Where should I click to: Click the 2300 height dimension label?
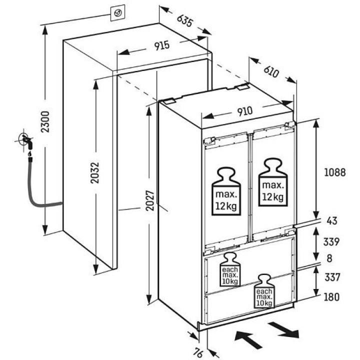click(x=45, y=121)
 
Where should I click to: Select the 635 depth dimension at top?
click(x=184, y=20)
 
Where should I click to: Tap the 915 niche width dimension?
click(x=162, y=45)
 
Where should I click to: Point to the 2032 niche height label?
click(x=94, y=172)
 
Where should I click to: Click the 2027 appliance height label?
click(x=150, y=200)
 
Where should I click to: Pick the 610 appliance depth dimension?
click(x=271, y=71)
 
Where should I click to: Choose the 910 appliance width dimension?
click(x=244, y=111)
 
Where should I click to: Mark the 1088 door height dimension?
click(x=334, y=172)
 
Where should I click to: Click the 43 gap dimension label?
click(x=332, y=221)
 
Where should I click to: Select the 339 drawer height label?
click(x=331, y=242)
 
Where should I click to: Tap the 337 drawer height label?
click(x=332, y=277)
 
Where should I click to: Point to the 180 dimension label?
click(x=331, y=297)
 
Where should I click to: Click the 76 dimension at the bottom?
click(x=198, y=352)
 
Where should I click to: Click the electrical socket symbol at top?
click(x=118, y=13)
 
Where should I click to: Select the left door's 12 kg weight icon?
click(x=226, y=191)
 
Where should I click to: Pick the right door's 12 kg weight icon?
click(x=273, y=182)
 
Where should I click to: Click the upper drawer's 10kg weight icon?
click(x=230, y=269)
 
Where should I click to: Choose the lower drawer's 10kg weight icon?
click(x=264, y=291)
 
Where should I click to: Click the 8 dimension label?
click(x=329, y=258)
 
